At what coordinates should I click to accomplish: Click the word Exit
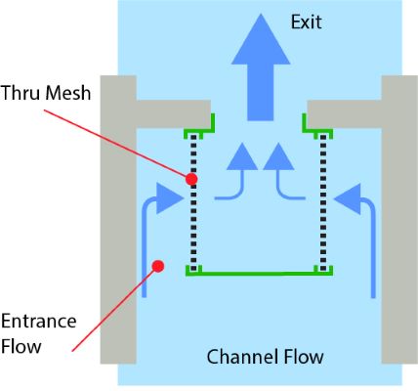(x=307, y=22)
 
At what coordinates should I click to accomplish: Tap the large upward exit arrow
(x=261, y=66)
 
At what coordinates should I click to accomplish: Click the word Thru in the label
(x=21, y=93)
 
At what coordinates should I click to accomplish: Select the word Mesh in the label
(x=68, y=93)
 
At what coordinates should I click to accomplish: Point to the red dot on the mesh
(x=191, y=179)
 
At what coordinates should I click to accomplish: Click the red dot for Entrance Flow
(x=158, y=266)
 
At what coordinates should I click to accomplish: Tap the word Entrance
(x=39, y=322)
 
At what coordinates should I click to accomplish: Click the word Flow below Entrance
(x=21, y=346)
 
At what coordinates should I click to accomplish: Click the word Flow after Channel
(x=304, y=357)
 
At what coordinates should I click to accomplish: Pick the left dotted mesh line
(x=193, y=202)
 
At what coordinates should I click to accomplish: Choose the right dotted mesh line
(x=323, y=202)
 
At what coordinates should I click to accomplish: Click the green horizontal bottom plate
(x=259, y=273)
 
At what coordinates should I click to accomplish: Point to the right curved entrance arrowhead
(x=348, y=198)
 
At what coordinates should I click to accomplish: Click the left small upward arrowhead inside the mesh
(x=242, y=156)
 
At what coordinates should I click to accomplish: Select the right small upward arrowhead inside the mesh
(x=278, y=156)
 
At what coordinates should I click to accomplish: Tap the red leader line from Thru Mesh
(x=116, y=144)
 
